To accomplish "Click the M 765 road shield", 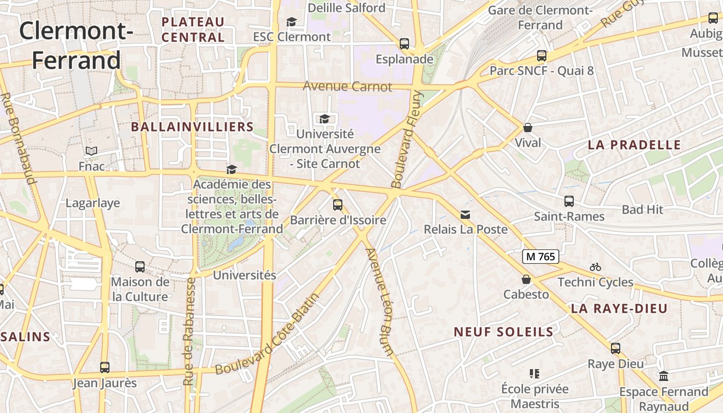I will pyautogui.click(x=541, y=257).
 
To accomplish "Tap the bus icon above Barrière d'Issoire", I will pyautogui.click(x=338, y=205).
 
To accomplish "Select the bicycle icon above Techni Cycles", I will pyautogui.click(x=595, y=267).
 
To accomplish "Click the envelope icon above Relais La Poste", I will pyautogui.click(x=465, y=214).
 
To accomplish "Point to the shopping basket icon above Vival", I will pyautogui.click(x=528, y=127).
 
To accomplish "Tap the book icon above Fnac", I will pyautogui.click(x=91, y=151).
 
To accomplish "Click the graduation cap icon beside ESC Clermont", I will pyautogui.click(x=291, y=22).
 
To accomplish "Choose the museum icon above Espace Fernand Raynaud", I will pyautogui.click(x=664, y=376).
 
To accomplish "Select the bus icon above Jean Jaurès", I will pyautogui.click(x=105, y=368).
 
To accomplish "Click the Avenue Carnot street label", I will pyautogui.click(x=348, y=86).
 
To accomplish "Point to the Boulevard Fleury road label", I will pyautogui.click(x=407, y=139).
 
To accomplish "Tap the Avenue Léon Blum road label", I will pyautogui.click(x=380, y=302).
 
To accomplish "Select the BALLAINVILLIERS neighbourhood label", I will pyautogui.click(x=192, y=127).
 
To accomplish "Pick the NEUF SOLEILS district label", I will pyautogui.click(x=504, y=332).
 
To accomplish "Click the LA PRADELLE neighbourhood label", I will pyautogui.click(x=634, y=145).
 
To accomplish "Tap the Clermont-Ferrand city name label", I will pyautogui.click(x=76, y=45).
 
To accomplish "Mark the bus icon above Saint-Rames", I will pyautogui.click(x=569, y=201).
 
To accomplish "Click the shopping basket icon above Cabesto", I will pyautogui.click(x=526, y=279).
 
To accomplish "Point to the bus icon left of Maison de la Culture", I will pyautogui.click(x=140, y=267).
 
